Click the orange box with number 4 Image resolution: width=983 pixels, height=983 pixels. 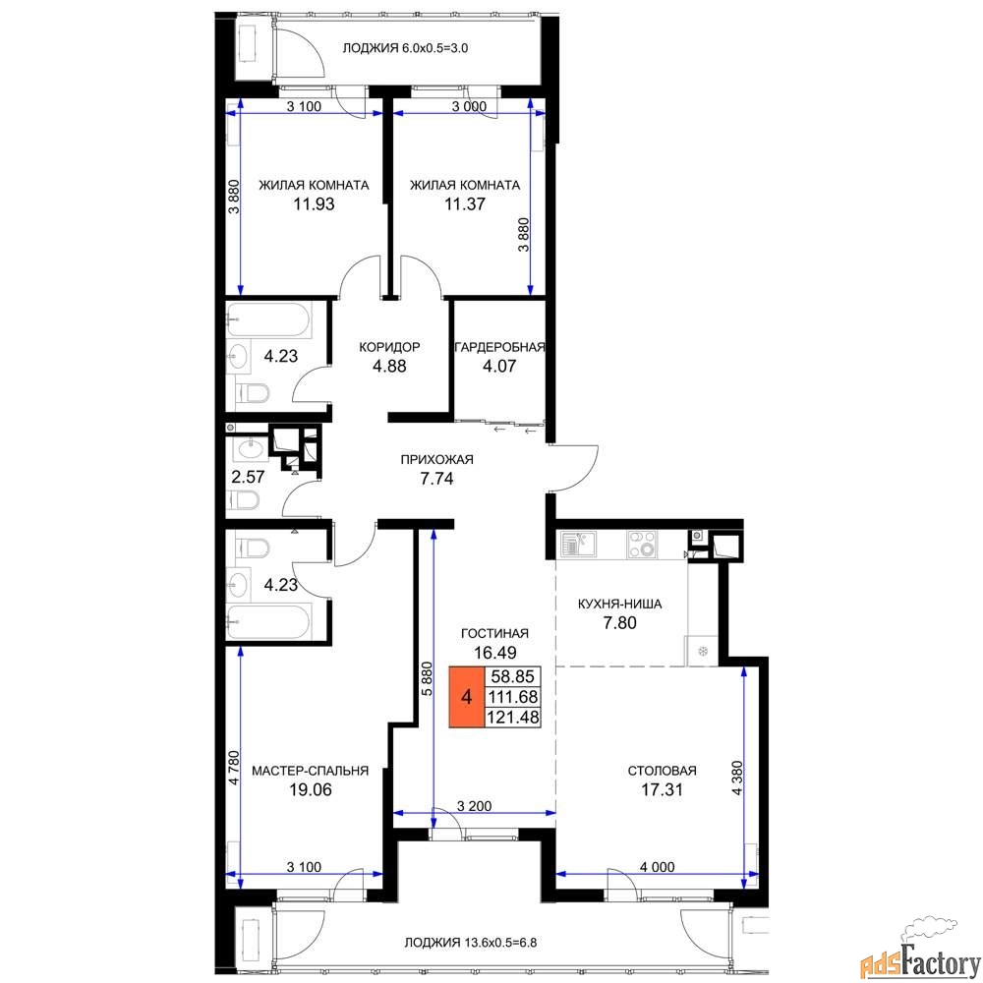[x=466, y=697]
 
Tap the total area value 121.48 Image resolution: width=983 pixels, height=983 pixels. [x=513, y=717]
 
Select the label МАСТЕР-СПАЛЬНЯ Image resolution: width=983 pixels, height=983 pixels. [x=311, y=771]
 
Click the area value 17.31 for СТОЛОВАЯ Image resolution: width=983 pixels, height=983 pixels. [x=662, y=789]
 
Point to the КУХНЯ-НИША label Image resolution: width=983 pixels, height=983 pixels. [x=619, y=605]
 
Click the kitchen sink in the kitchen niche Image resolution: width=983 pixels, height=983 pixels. [x=578, y=544]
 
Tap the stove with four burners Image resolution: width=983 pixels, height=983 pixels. [x=642, y=545]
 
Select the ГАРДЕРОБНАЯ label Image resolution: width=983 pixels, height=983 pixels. [x=499, y=347]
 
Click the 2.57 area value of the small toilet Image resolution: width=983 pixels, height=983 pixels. [x=249, y=477]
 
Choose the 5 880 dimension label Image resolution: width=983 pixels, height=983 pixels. [x=427, y=679]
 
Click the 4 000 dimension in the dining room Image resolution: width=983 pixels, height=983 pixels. [x=657, y=867]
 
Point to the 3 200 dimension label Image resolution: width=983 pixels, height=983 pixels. [x=474, y=806]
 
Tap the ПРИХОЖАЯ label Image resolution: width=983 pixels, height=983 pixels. [x=437, y=459]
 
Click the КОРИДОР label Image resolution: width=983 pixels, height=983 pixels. [x=389, y=347]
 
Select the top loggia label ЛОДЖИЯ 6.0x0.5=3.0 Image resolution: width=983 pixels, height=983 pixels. [x=405, y=48]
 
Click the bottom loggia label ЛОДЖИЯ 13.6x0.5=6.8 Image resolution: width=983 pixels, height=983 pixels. [x=470, y=943]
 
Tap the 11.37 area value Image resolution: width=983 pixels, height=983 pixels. [x=465, y=203]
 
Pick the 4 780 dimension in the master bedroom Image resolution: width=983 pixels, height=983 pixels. [x=234, y=768]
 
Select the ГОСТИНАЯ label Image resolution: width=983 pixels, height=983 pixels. [x=494, y=634]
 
